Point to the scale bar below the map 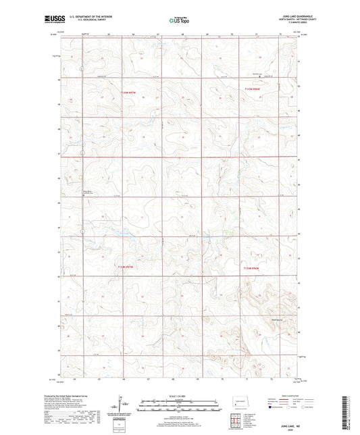[x=179, y=405]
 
